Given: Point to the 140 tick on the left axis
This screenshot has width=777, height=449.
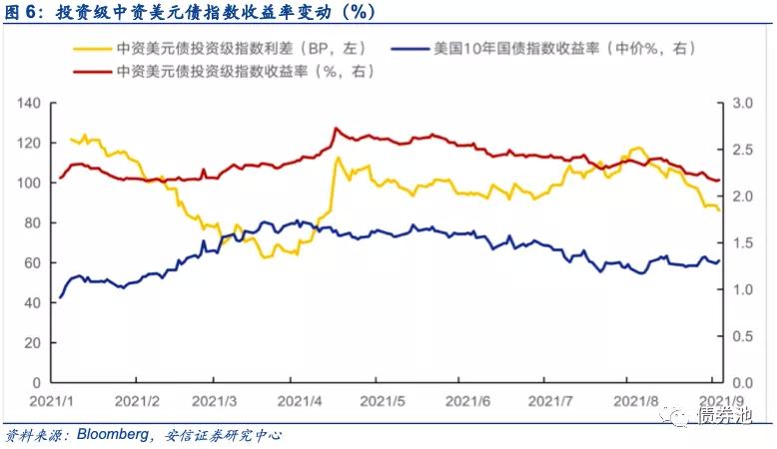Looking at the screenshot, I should (28, 104).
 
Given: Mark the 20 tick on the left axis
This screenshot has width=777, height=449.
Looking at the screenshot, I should (31, 343).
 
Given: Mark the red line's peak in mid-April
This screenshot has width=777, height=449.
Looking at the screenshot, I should (335, 129).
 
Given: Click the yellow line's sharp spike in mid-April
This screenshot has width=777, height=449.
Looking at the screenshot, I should (338, 158).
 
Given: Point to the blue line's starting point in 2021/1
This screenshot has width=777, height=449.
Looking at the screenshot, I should (60, 297).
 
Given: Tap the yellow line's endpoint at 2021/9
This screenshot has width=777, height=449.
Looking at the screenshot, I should (719, 211).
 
